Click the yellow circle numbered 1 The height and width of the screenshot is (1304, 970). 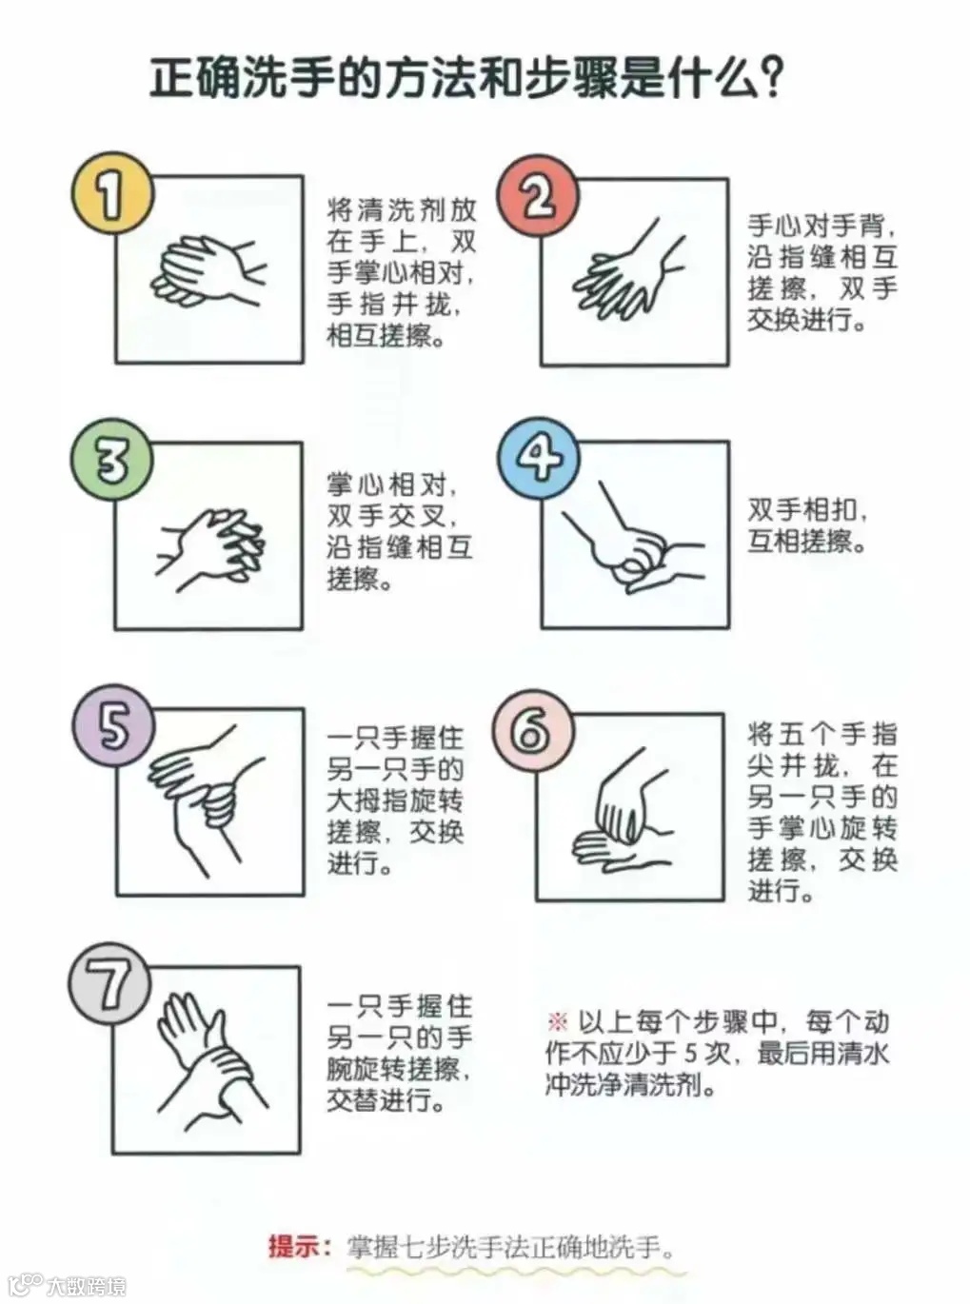[x=112, y=194]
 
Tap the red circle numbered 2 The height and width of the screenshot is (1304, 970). [x=538, y=197]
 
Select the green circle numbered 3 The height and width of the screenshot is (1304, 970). [x=112, y=461]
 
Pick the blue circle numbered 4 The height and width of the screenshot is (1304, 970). [x=539, y=459]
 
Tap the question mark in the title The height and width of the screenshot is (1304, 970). [x=769, y=76]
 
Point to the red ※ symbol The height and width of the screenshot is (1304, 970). [x=557, y=1022]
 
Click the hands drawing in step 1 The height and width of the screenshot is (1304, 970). [x=209, y=270]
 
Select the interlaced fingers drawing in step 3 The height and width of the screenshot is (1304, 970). [x=210, y=550]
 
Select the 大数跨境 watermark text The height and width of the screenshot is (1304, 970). [x=87, y=1285]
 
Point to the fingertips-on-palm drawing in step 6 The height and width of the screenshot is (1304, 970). [x=624, y=815]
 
